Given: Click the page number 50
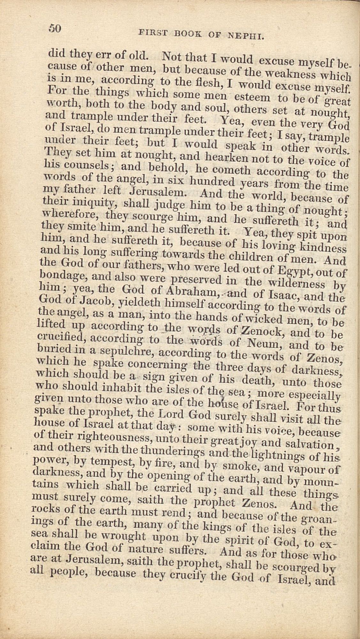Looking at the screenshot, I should pos(55,28).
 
